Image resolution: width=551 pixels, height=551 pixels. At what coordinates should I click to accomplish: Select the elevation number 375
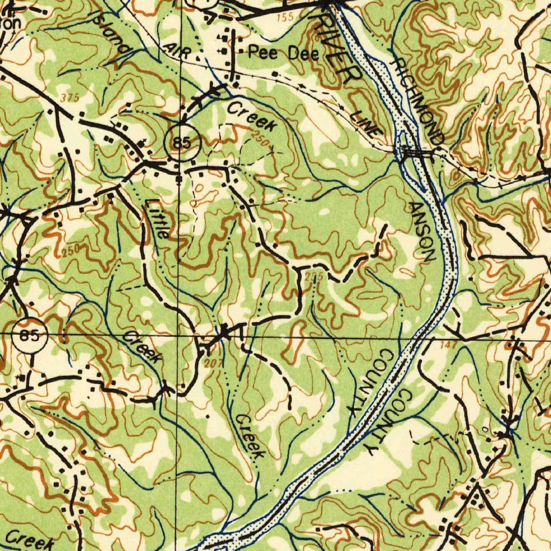(x=70, y=98)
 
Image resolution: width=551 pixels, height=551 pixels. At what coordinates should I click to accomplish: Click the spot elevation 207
(x=214, y=364)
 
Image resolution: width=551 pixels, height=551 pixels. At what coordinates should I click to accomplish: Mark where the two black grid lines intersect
(x=179, y=334)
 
